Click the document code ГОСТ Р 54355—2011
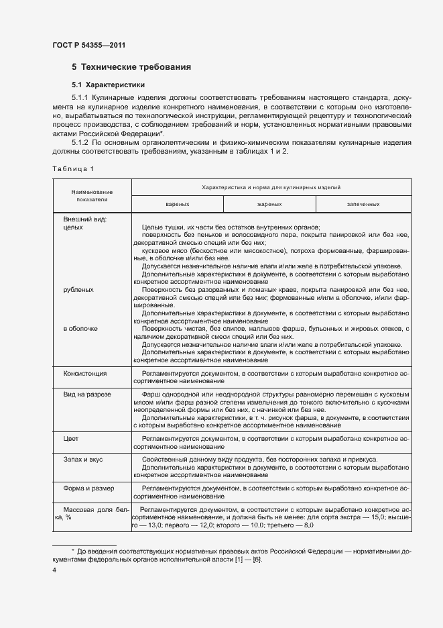89,45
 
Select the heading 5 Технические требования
131,67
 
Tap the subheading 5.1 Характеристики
108,85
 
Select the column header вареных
177,203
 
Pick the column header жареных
269,203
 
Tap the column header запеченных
363,203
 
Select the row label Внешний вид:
85,219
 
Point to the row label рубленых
78,290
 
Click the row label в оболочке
80,328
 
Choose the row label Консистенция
85,373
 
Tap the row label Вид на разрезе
87,395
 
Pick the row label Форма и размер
88,488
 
